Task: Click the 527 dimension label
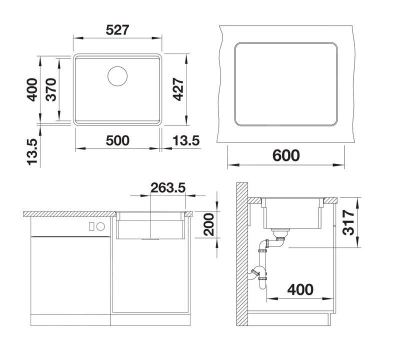point(117,30)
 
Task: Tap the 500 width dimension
point(117,140)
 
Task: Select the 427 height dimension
point(178,89)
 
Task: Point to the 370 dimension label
point(51,89)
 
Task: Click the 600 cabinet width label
point(286,155)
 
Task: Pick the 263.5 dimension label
point(168,187)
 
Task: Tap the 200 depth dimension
point(208,224)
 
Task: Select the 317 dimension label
point(348,222)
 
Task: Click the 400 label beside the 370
point(32,89)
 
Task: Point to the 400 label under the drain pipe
point(300,289)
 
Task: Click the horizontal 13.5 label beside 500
point(186,140)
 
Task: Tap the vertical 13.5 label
point(32,152)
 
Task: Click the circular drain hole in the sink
point(117,76)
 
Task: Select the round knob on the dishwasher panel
point(100,226)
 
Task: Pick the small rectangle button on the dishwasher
point(91,226)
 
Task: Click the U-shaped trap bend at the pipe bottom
point(262,285)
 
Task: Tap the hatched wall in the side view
point(241,254)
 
